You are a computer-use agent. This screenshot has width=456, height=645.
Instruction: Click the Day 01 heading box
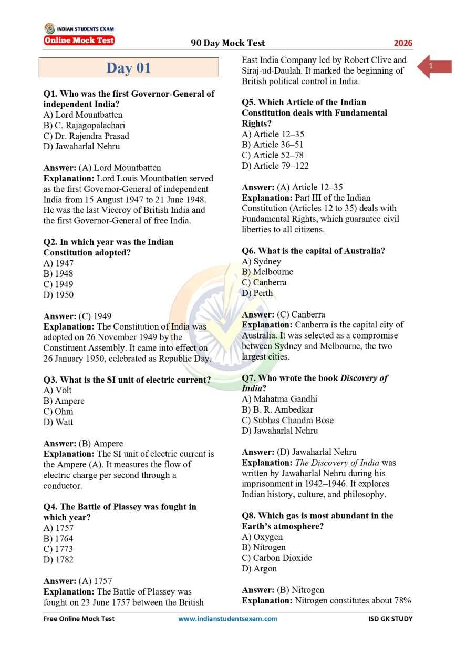pyautogui.click(x=129, y=68)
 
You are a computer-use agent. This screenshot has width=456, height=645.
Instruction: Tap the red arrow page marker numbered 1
pyautogui.click(x=434, y=66)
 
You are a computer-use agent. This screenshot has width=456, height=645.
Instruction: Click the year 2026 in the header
pyautogui.click(x=403, y=43)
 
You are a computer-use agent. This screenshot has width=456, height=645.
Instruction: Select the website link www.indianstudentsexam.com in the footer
pyautogui.click(x=227, y=619)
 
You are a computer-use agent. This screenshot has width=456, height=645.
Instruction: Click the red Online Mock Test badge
pyautogui.click(x=79, y=40)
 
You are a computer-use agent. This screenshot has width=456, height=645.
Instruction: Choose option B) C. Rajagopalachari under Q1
pyautogui.click(x=84, y=125)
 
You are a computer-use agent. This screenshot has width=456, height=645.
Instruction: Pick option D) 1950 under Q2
pyautogui.click(x=58, y=295)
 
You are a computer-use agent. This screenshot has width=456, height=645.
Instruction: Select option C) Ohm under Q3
pyautogui.click(x=58, y=412)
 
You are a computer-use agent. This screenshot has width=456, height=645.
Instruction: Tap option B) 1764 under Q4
pyautogui.click(x=58, y=539)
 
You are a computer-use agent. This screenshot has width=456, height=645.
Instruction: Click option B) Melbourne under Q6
pyautogui.click(x=267, y=272)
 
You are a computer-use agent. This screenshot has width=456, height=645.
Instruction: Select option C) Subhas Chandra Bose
pyautogui.click(x=287, y=420)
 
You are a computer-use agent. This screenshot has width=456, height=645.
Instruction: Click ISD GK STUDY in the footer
pyautogui.click(x=390, y=619)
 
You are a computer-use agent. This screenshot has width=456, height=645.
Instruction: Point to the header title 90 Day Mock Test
pyautogui.click(x=228, y=43)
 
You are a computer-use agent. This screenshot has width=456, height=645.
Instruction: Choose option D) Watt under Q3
pyautogui.click(x=58, y=422)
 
